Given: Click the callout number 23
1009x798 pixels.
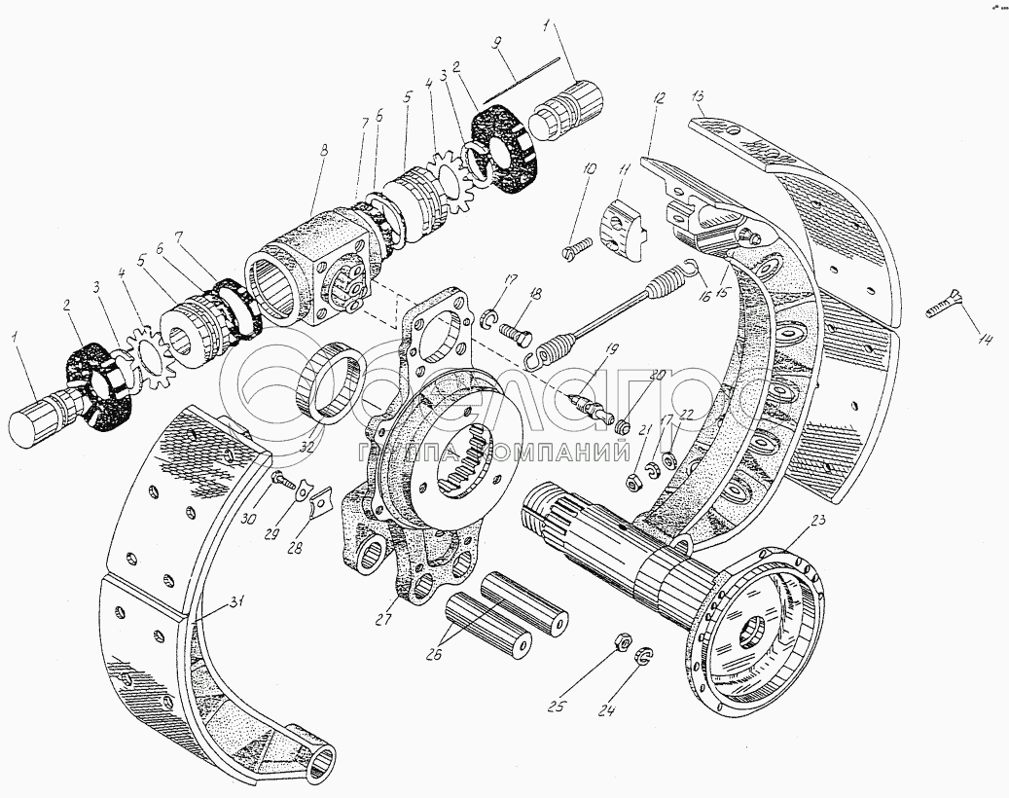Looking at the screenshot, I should pyautogui.click(x=816, y=520).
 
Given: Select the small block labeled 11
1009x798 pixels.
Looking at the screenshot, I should pyautogui.click(x=623, y=230).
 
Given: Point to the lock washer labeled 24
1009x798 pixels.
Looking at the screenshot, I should pyautogui.click(x=644, y=662).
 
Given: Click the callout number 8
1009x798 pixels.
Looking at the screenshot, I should pyautogui.click(x=323, y=152).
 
